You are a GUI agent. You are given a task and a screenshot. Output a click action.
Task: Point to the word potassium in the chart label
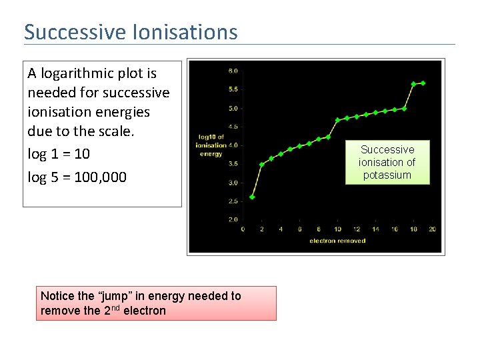387,175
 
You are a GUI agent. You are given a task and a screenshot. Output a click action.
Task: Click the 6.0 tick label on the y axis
233,71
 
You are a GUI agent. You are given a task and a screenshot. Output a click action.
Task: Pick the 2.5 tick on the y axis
233,201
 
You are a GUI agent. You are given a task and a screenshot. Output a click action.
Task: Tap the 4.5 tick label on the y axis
233,127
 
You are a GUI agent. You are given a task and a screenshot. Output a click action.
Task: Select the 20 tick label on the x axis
432,229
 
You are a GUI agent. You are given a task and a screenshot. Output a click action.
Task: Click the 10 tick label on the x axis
337,229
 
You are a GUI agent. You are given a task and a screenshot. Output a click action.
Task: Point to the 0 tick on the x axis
243,229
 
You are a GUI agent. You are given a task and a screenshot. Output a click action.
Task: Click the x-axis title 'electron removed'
337,241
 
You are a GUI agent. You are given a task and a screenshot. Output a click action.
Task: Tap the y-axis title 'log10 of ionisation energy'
211,145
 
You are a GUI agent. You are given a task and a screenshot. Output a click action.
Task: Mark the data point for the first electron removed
252,197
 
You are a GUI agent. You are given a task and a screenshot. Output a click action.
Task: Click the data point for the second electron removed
261,164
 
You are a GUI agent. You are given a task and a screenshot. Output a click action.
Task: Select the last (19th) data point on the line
423,83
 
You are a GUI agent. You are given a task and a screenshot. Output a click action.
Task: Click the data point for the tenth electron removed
337,120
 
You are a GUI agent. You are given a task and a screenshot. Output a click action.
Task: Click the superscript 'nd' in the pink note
115,308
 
